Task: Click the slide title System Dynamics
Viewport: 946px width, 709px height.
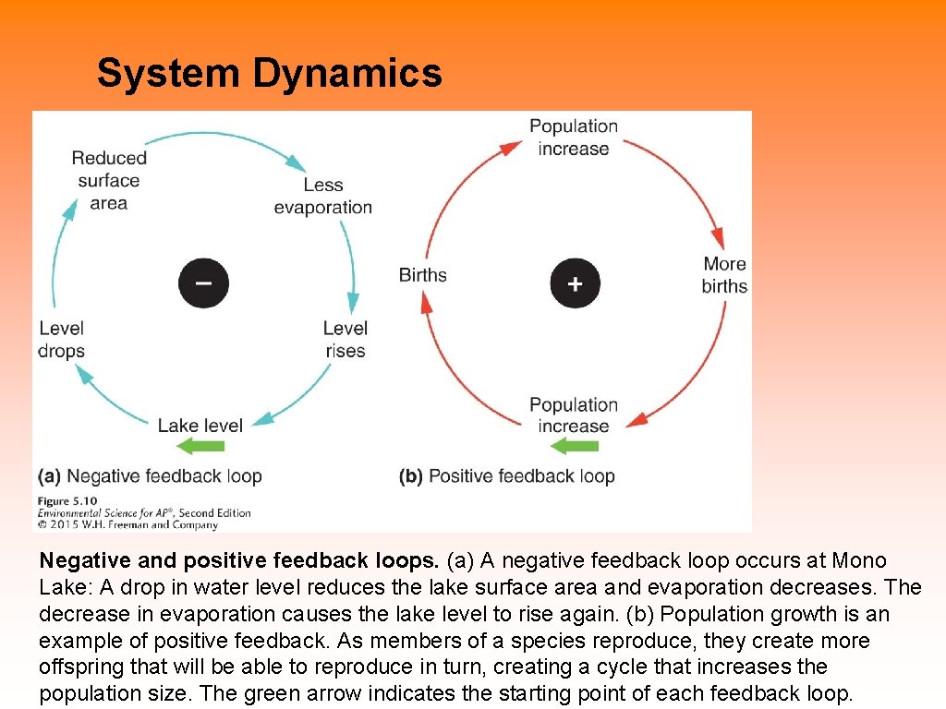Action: [269, 73]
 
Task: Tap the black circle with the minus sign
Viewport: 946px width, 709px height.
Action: [203, 282]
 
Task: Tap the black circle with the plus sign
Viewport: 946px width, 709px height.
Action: [575, 282]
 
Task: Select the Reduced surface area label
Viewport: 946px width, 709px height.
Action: [109, 180]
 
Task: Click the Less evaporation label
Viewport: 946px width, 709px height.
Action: [322, 197]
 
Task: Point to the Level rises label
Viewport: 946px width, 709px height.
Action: [345, 339]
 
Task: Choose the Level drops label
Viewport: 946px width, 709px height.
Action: [62, 339]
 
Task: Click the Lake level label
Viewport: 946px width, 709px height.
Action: [200, 426]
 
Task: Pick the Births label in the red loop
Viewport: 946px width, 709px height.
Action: [422, 275]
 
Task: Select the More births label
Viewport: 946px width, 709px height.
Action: [724, 275]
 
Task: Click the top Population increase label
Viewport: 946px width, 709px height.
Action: [573, 138]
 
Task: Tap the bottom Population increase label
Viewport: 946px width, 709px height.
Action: [573, 415]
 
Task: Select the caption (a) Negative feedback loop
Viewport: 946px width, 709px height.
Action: [150, 476]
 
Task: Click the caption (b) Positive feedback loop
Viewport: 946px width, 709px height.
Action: [507, 476]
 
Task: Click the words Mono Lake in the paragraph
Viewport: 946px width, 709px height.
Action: [859, 560]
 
